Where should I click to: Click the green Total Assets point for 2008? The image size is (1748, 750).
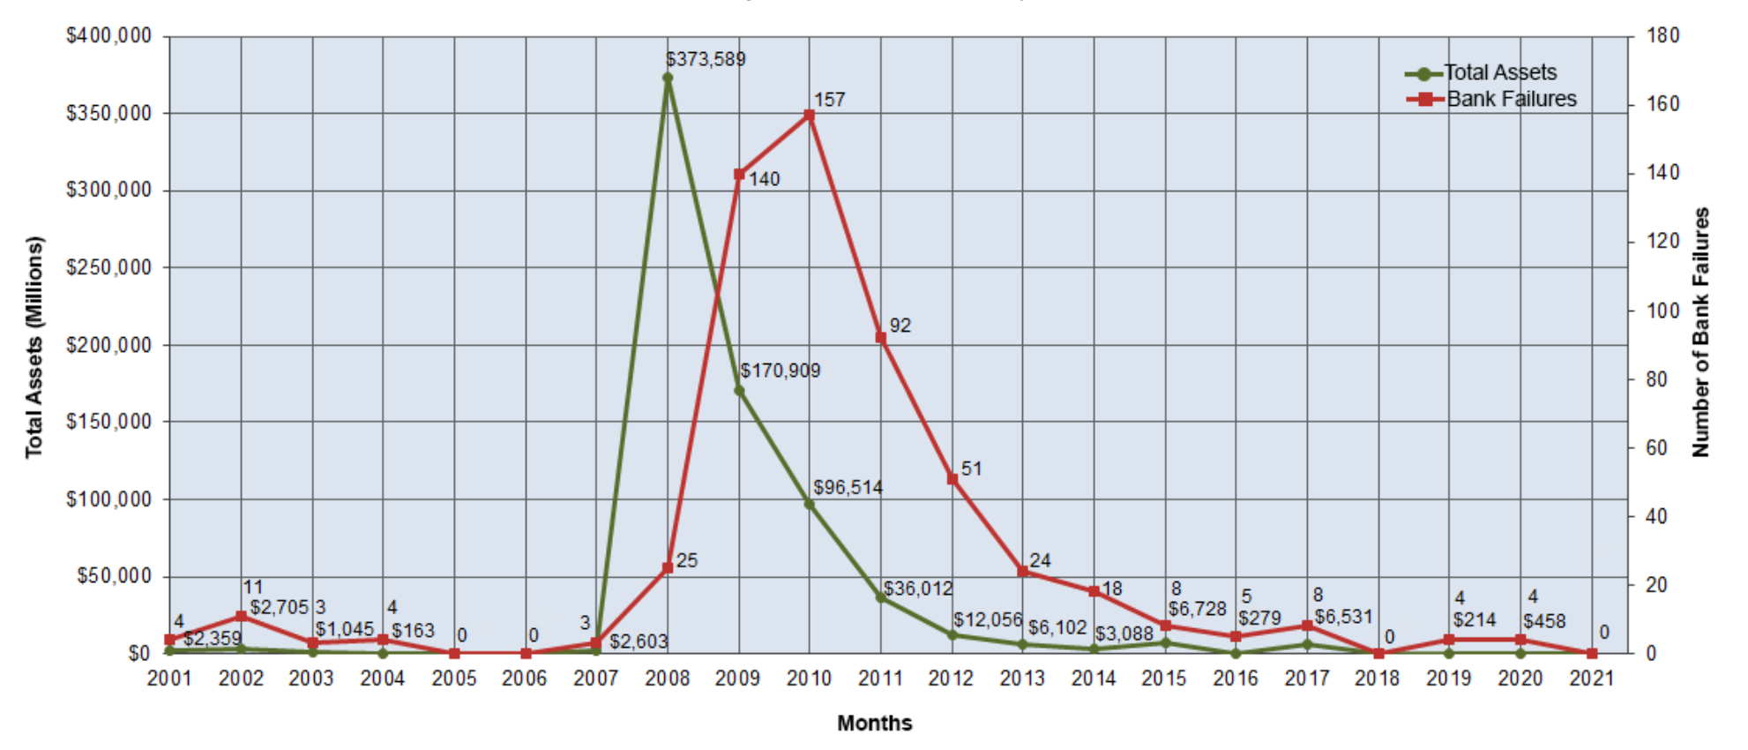click(668, 78)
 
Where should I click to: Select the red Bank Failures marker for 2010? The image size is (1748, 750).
click(809, 115)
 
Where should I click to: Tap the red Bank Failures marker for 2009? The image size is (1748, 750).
click(739, 174)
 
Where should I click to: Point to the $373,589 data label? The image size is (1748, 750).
click(706, 59)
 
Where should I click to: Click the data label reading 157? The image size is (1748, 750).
click(829, 100)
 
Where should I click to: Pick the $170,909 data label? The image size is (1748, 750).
click(780, 371)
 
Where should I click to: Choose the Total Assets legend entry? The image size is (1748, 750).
click(1482, 72)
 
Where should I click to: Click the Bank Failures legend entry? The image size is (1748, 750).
click(1491, 99)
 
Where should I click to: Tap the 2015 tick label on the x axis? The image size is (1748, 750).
click(1164, 678)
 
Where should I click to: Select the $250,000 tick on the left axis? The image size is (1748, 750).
click(108, 267)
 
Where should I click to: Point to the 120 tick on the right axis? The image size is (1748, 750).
click(1662, 241)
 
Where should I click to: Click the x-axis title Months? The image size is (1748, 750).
click(874, 724)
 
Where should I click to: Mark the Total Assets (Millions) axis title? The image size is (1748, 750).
click(34, 347)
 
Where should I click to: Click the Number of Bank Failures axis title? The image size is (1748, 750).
click(1700, 332)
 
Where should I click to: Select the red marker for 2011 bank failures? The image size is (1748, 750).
click(880, 337)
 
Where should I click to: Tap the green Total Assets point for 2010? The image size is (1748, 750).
click(809, 504)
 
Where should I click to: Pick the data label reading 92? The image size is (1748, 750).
click(900, 326)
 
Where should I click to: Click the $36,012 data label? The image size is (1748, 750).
click(918, 589)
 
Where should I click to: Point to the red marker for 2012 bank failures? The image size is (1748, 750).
click(952, 478)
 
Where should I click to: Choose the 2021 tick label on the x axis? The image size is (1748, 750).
click(1592, 678)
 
